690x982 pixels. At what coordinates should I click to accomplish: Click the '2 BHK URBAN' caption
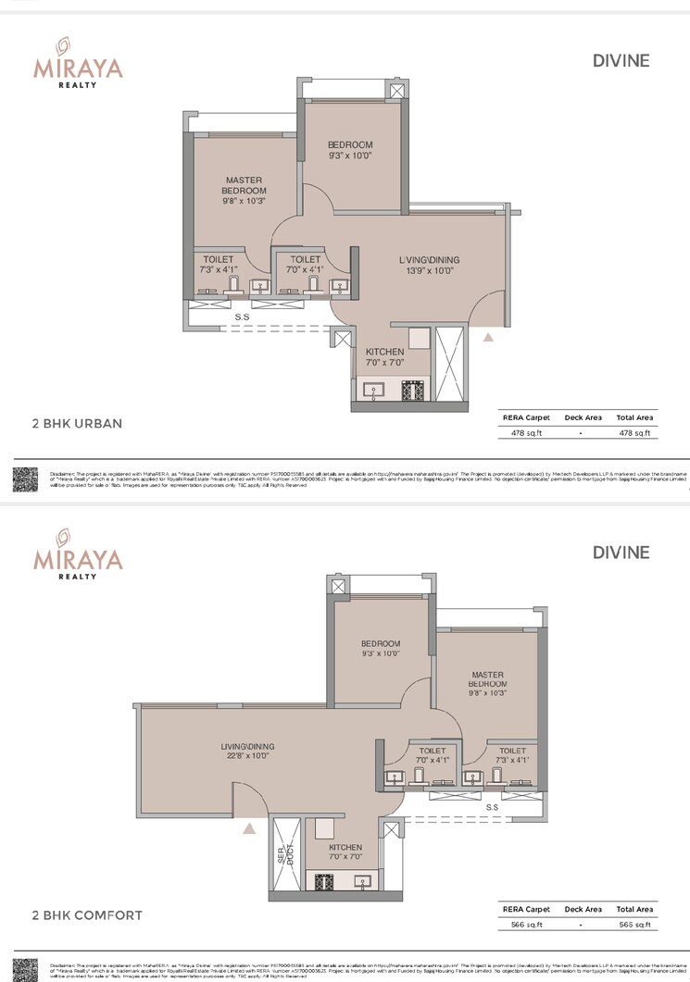pos(77,424)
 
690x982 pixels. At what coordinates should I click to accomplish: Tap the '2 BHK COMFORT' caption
pos(87,915)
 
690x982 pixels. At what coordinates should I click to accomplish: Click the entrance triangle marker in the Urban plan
pos(488,339)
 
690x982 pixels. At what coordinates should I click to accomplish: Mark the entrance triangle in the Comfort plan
pos(249,830)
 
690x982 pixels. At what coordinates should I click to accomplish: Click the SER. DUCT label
pos(282,857)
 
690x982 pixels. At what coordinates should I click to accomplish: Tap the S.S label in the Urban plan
pos(242,317)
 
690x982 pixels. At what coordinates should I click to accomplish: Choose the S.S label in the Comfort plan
pos(493,807)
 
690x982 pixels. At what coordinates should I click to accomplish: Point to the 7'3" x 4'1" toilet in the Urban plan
pos(219,265)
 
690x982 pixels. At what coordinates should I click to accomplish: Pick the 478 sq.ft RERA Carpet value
pos(525,432)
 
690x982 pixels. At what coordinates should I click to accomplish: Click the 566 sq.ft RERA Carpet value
pos(525,924)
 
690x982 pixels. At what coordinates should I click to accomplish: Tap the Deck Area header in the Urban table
pos(583,417)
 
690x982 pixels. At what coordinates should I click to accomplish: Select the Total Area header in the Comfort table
pos(634,909)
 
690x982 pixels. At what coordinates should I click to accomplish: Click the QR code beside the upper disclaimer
pos(25,479)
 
